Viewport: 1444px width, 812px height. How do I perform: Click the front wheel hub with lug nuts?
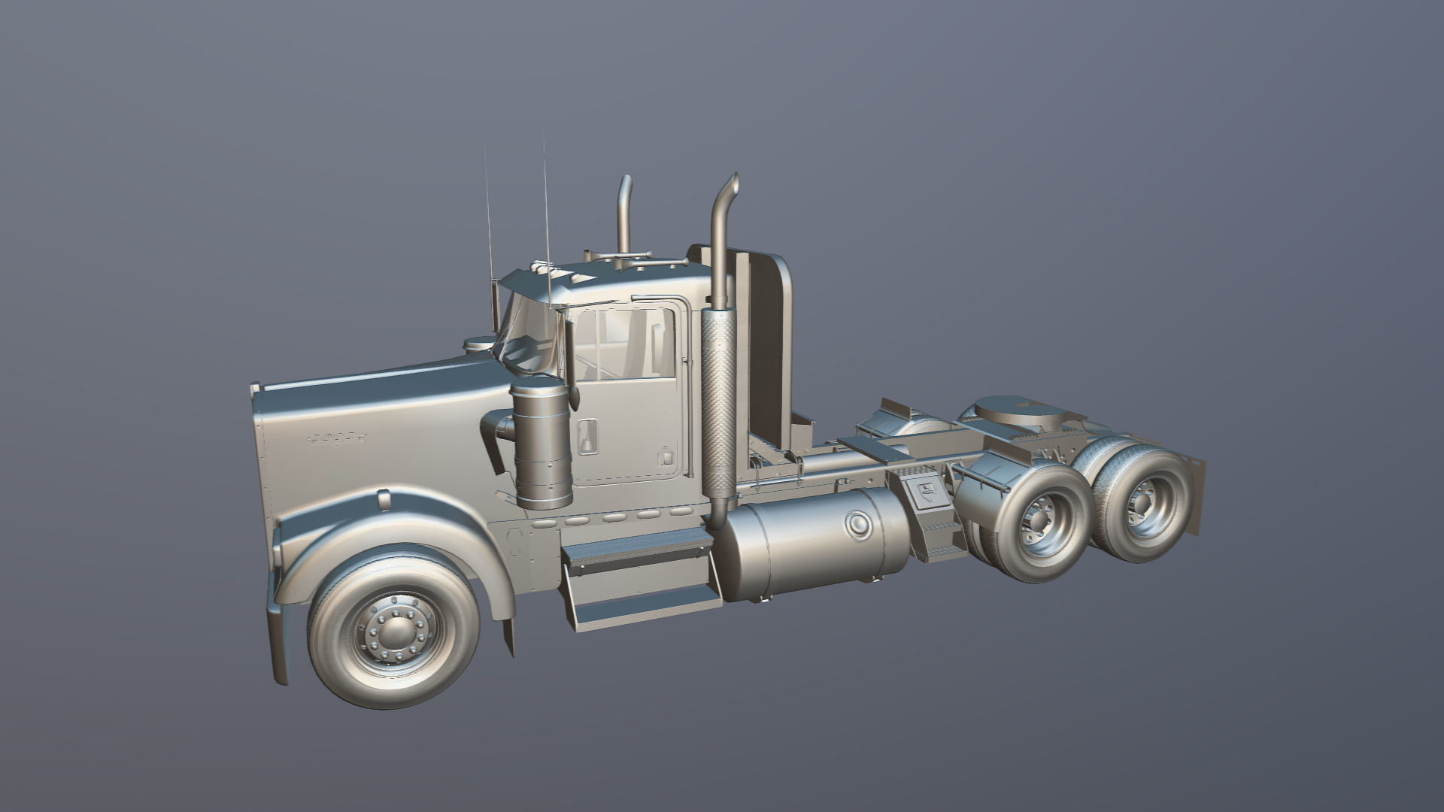click(392, 631)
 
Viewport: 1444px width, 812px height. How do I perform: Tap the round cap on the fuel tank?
click(857, 525)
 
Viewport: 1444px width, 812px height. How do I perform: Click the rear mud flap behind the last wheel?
click(1196, 496)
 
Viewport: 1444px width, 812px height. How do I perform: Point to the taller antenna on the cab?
click(546, 218)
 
